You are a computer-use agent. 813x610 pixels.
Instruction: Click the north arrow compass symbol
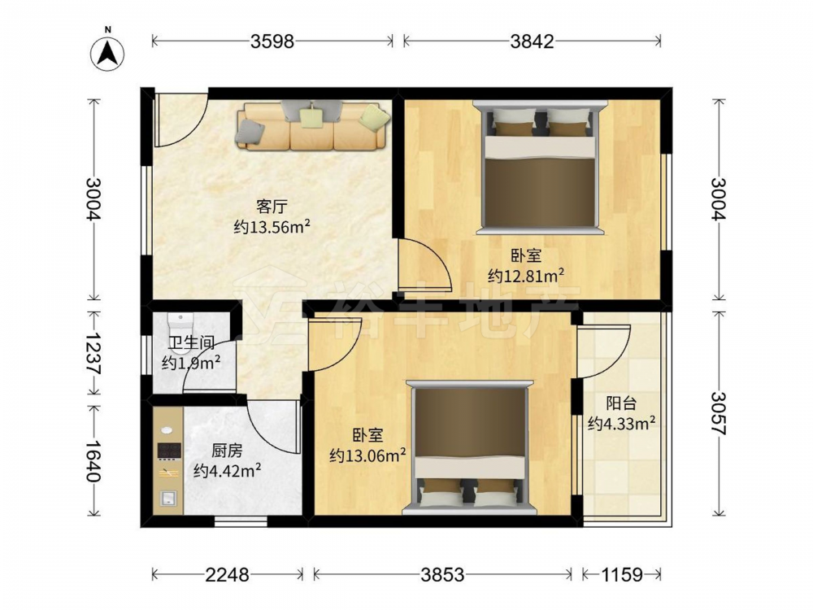(x=108, y=54)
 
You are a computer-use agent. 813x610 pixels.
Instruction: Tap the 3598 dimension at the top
(x=272, y=41)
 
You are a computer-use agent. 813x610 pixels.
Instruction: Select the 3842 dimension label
(x=532, y=41)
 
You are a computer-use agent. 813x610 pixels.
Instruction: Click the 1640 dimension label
(x=93, y=461)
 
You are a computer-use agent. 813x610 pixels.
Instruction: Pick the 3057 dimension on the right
(x=719, y=413)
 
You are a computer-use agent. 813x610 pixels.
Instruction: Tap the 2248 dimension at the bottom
(x=227, y=574)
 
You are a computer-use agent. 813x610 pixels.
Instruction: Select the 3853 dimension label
(x=442, y=574)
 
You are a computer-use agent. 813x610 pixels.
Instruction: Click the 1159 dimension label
(x=622, y=574)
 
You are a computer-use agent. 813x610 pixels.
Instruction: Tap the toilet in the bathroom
(x=180, y=333)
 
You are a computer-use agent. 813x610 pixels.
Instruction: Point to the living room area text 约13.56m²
(x=272, y=227)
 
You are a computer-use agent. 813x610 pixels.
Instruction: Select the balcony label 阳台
(x=621, y=403)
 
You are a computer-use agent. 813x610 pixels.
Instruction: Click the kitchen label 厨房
(x=227, y=451)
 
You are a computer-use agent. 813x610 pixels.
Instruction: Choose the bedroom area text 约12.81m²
(x=526, y=276)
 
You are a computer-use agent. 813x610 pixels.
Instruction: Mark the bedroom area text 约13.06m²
(x=367, y=456)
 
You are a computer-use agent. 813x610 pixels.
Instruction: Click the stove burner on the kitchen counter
(x=169, y=451)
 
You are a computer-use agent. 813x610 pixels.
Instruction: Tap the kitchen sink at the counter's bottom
(x=168, y=499)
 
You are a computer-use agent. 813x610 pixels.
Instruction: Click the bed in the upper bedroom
(x=539, y=167)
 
